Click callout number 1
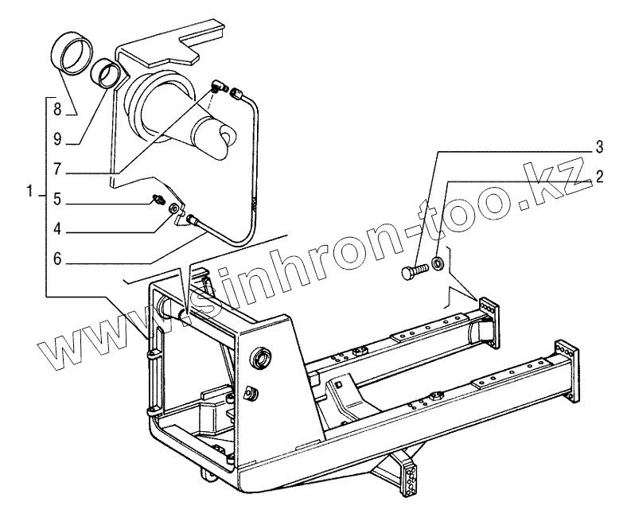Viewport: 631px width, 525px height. (x=30, y=192)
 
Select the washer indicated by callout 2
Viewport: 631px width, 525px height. (x=439, y=263)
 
